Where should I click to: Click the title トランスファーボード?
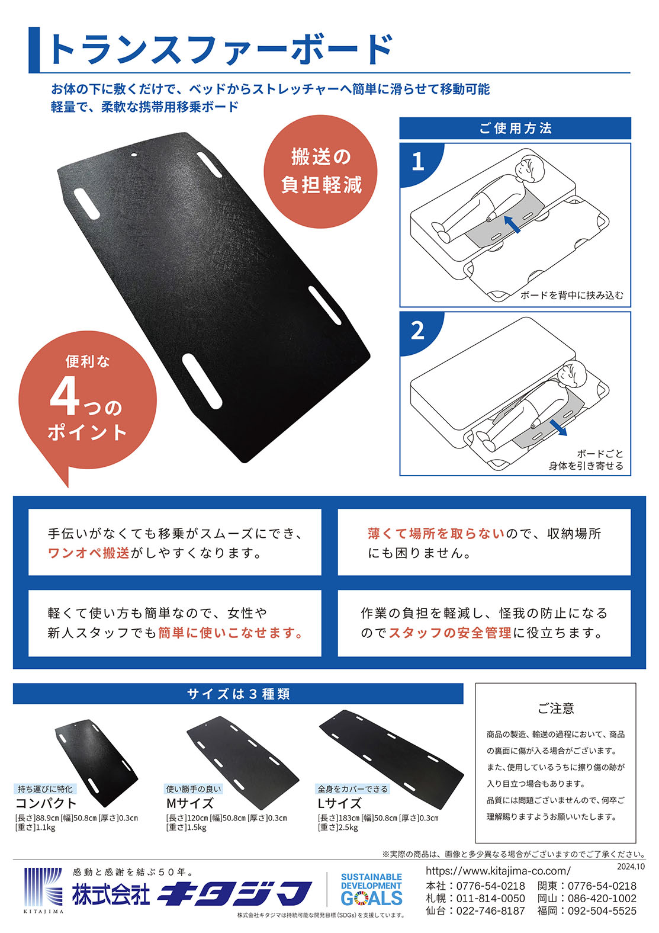tap(221, 50)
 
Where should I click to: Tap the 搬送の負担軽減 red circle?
tap(320, 171)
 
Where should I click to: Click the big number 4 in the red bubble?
tap(65, 396)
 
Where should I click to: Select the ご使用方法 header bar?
tap(515, 128)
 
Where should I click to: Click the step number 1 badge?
tap(417, 162)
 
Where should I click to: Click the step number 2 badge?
tap(417, 331)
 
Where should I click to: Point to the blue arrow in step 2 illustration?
tap(558, 427)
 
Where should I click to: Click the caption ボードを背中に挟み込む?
tap(572, 296)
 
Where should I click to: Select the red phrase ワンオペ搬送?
tap(88, 553)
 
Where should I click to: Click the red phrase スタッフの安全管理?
tap(449, 633)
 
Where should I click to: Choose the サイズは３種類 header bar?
tap(238, 694)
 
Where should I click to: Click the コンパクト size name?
tap(46, 803)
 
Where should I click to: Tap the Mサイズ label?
tap(190, 803)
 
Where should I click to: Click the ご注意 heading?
tap(556, 708)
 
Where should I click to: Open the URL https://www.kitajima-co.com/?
tap(498, 871)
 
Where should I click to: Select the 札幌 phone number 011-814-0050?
tap(491, 899)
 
